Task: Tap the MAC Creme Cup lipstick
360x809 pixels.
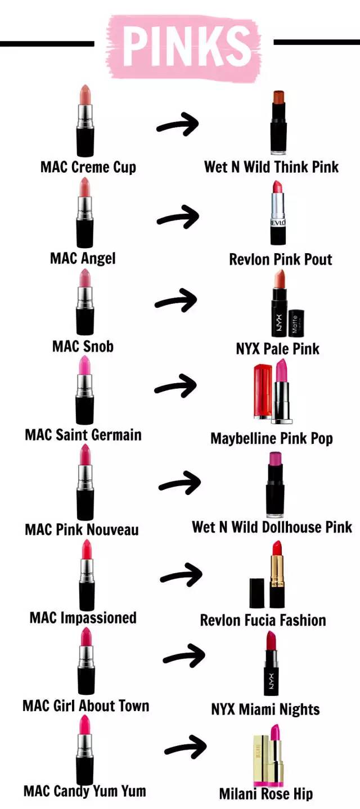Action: pos(85,121)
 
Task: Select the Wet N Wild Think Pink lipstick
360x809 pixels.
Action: pos(279,122)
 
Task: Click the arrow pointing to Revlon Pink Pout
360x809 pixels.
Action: pos(178,216)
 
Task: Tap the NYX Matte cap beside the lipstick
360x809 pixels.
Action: pos(296,322)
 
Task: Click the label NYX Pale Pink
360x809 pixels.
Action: pos(277,348)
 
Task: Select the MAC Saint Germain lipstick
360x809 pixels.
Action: pos(85,390)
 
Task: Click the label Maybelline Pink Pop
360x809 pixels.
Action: pos(272,438)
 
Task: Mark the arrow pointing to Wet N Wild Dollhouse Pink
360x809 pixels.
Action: pos(179,483)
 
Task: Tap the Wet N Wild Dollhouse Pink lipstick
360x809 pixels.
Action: pos(276,484)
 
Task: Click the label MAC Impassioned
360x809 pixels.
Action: pos(83,617)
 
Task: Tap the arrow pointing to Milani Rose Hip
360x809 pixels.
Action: pos(185,745)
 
